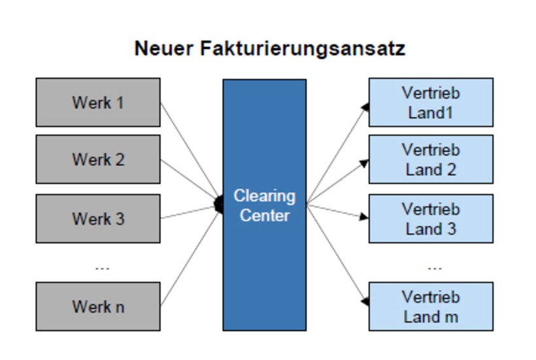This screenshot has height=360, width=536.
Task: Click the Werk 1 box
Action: (97, 103)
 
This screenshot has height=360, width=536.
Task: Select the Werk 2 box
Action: (97, 159)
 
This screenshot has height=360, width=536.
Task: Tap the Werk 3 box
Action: (97, 218)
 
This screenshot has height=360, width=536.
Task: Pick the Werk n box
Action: (97, 306)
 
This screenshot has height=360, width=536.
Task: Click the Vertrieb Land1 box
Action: (431, 103)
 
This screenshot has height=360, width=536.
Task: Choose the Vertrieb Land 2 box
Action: (431, 159)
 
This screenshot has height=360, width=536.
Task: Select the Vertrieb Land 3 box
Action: (431, 219)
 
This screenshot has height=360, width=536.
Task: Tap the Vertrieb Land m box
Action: (431, 306)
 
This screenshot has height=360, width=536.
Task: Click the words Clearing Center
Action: (264, 205)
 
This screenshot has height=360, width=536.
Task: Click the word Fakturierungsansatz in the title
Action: (304, 48)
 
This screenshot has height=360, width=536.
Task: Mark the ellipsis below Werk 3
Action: (102, 267)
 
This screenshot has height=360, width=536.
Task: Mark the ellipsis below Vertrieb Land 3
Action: (435, 267)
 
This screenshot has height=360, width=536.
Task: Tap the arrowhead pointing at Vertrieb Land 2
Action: (365, 163)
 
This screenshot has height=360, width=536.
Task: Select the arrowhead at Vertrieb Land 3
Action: (364, 216)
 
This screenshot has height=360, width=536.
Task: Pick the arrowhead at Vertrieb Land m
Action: (365, 301)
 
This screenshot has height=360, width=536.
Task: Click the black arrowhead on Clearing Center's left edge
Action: (219, 205)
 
